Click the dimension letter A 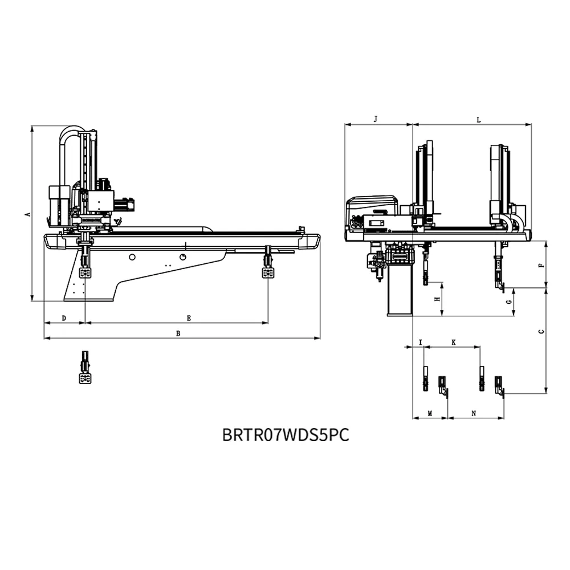click(27, 214)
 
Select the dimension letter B click(178, 333)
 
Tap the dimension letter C click(541, 331)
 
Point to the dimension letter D click(64, 317)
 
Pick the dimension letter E click(189, 317)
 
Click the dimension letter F click(541, 265)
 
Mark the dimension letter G click(509, 302)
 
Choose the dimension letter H click(437, 299)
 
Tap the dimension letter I click(420, 343)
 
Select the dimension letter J click(375, 119)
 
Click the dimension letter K click(453, 343)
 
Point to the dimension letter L click(479, 120)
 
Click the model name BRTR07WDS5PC click(285, 435)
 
